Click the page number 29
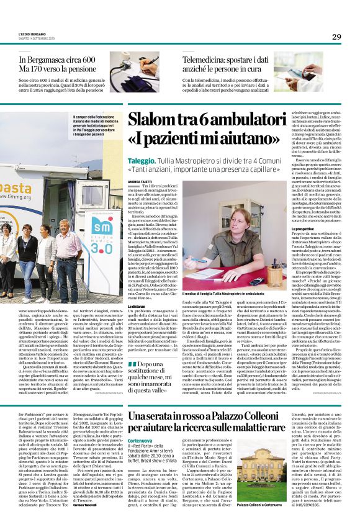336,37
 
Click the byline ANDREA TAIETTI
140,180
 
